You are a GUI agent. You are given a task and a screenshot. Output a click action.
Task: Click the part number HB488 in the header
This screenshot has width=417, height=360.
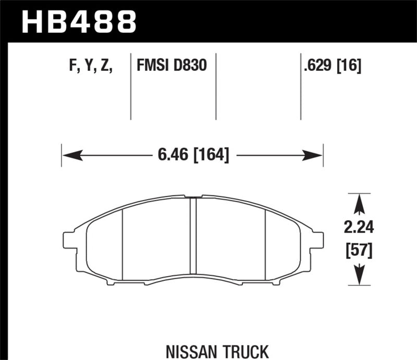(78, 22)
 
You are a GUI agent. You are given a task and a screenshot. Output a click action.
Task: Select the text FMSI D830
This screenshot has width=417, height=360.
(171, 66)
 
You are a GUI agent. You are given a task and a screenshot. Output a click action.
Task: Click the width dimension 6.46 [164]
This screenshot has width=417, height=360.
(192, 155)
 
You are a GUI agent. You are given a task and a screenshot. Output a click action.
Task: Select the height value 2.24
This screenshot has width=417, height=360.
(359, 228)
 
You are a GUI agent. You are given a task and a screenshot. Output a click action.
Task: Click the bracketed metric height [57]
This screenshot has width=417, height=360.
(359, 251)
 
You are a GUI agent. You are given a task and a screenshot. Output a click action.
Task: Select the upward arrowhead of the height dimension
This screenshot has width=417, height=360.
(359, 205)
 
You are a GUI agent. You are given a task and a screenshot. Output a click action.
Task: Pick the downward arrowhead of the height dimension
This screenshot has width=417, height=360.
(359, 275)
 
